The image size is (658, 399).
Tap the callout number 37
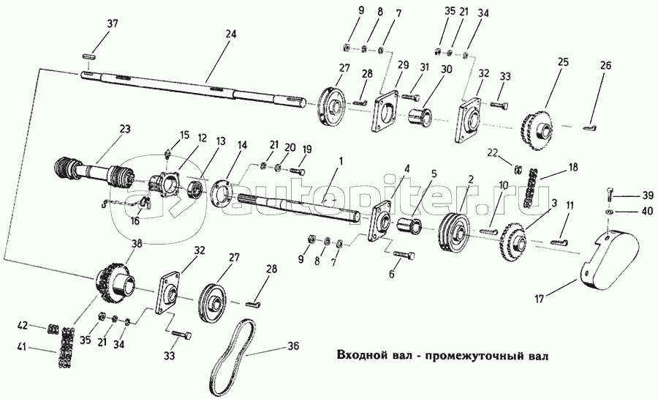point(111,25)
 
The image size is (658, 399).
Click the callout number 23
point(125,129)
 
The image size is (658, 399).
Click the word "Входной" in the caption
point(363,356)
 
